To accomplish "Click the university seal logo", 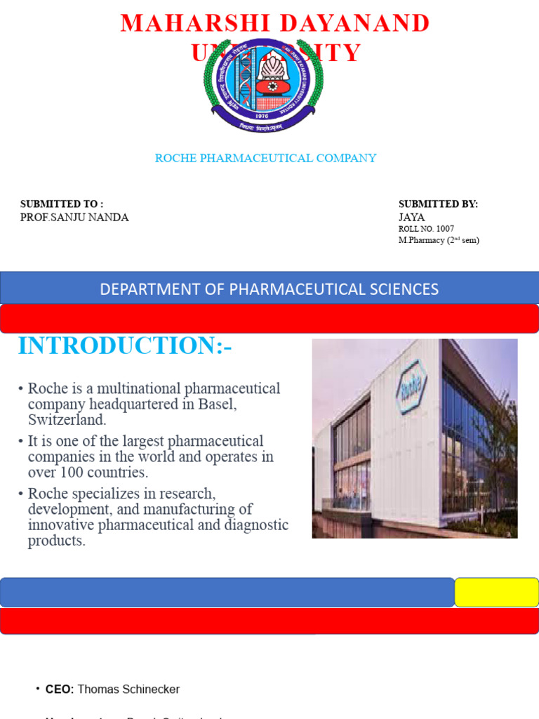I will (x=264, y=85).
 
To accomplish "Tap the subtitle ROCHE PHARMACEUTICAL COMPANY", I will (x=265, y=158).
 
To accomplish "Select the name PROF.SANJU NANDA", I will (x=74, y=218).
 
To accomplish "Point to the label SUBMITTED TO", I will (x=62, y=204).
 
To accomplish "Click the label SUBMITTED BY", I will (x=438, y=204).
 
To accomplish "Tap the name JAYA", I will (x=412, y=218).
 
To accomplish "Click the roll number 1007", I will (x=445, y=229).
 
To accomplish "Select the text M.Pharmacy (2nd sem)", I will (x=439, y=240).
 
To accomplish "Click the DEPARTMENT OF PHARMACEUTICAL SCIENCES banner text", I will (x=269, y=289).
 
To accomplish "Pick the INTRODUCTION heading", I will (x=125, y=345).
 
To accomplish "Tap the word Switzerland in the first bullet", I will (x=67, y=420).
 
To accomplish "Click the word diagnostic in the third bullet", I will (x=253, y=525).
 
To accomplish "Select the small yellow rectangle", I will (x=497, y=593).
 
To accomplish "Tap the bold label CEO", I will (x=59, y=690).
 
